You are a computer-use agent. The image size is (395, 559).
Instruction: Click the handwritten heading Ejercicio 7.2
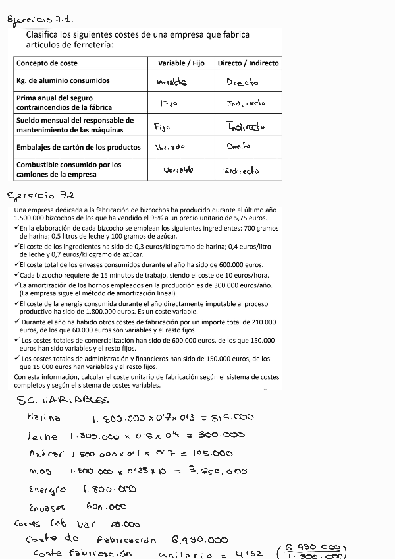(41, 196)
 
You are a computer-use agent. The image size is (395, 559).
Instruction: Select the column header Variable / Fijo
(181, 63)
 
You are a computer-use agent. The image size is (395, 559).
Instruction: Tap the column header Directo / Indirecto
(248, 63)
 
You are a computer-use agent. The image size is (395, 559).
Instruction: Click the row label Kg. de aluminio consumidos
(63, 81)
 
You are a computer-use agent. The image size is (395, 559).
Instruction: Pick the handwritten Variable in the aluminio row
(172, 82)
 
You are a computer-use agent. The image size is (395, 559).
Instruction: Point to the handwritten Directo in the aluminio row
(242, 82)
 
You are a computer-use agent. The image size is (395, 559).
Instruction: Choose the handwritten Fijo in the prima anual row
(169, 103)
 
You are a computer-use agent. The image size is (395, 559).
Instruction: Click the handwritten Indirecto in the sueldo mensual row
(246, 125)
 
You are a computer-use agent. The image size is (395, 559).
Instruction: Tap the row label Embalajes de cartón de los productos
(78, 147)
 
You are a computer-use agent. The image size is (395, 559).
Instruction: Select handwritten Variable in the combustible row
(178, 170)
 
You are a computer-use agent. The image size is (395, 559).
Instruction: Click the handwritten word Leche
(43, 436)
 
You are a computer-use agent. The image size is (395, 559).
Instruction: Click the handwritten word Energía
(47, 490)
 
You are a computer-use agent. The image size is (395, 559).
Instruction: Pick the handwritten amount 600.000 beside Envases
(106, 507)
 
